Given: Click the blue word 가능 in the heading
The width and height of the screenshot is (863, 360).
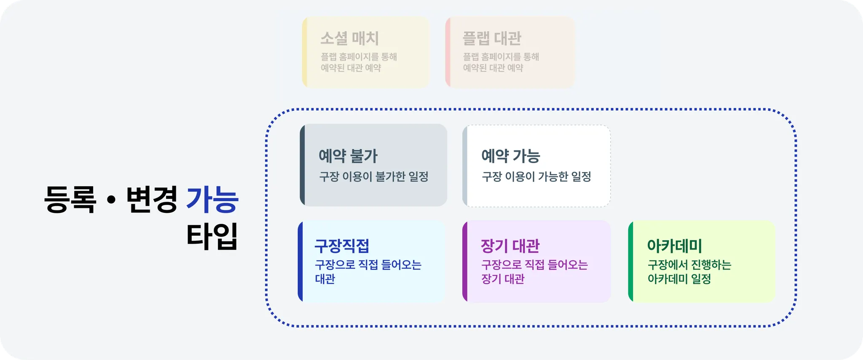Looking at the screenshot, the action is pyautogui.click(x=212, y=199).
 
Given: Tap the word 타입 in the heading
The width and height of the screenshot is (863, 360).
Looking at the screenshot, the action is pyautogui.click(x=212, y=236).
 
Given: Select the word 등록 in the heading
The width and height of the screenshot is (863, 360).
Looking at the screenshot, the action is pyautogui.click(x=70, y=199).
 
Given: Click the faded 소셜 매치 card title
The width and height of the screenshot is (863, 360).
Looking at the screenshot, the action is pyautogui.click(x=349, y=38).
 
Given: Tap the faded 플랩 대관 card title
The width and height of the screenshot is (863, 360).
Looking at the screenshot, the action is pyautogui.click(x=492, y=38).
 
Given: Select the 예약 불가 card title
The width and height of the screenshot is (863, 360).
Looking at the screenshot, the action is pyautogui.click(x=348, y=156).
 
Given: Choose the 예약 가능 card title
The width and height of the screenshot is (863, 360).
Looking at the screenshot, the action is pyautogui.click(x=511, y=156).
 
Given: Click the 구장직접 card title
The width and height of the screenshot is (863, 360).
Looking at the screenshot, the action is pyautogui.click(x=342, y=245).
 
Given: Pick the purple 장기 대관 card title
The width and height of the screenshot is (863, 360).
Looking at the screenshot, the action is pyautogui.click(x=510, y=245).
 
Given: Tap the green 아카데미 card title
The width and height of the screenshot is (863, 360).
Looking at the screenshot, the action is pyautogui.click(x=674, y=245).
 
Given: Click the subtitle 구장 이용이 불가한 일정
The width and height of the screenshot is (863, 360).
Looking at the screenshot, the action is pyautogui.click(x=373, y=177).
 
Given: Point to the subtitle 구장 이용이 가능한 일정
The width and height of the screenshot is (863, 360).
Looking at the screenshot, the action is pyautogui.click(x=536, y=177).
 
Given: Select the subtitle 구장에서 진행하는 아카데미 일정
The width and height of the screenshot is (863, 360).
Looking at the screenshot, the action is pyautogui.click(x=689, y=271).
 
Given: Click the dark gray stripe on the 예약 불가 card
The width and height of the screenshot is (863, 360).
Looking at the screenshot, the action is pyautogui.click(x=302, y=165).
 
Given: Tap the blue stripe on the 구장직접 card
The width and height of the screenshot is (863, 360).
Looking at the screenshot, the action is pyautogui.click(x=300, y=261).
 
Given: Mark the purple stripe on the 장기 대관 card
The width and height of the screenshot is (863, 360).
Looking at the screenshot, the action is pyautogui.click(x=465, y=261).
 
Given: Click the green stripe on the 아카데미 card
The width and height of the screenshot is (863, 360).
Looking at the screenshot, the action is pyautogui.click(x=630, y=261).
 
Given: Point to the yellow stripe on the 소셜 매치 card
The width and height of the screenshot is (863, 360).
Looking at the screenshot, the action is pyautogui.click(x=305, y=52).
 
